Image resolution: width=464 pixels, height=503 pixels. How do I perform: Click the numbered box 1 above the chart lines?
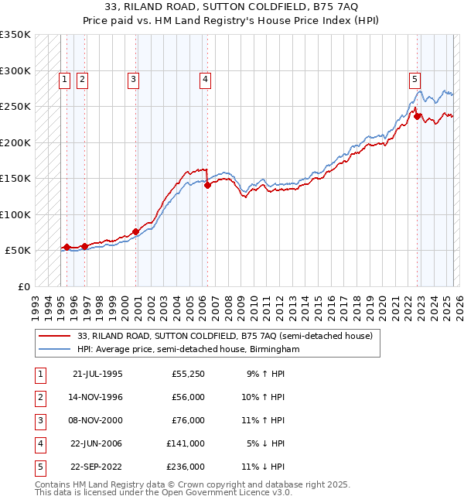tap(63, 77)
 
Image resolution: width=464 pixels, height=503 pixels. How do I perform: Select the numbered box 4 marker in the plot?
tap(205, 77)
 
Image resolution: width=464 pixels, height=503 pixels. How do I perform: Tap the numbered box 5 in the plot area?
tap(415, 77)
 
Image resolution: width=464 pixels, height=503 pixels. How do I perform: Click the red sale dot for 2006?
tap(207, 185)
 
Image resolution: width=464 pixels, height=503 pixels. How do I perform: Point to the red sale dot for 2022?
tap(417, 117)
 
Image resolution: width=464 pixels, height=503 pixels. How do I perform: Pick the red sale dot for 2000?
tap(135, 231)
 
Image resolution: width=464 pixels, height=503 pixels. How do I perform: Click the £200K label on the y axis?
tap(15, 142)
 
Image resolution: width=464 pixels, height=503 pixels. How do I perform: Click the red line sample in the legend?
tap(55, 336)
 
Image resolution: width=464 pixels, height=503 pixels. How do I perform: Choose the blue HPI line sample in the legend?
tap(55, 349)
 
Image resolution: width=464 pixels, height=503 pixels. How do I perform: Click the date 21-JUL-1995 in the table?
tap(97, 374)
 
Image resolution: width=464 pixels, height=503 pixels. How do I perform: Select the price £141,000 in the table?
tap(186, 443)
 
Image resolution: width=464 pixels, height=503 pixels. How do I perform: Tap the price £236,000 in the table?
tap(186, 467)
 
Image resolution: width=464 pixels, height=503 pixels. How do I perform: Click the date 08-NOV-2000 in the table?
tap(97, 420)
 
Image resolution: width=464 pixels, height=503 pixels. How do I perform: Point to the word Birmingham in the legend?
tap(272, 349)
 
